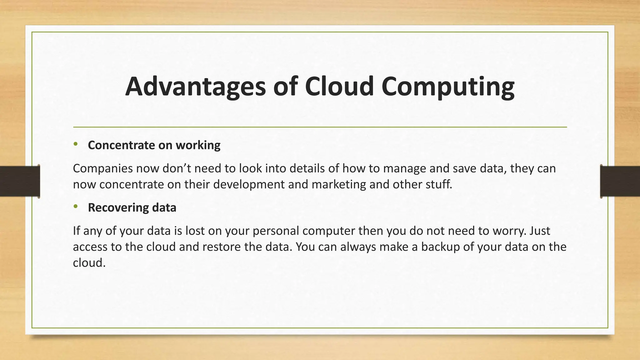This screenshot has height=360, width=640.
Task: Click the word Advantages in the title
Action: tap(195, 87)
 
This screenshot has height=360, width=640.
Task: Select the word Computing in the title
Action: tap(447, 87)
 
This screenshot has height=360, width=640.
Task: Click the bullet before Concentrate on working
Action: tap(75, 144)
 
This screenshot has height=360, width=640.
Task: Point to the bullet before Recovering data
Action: tap(75, 207)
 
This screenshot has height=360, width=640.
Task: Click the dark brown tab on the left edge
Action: tap(20, 181)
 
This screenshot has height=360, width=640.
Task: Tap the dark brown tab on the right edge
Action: tap(620, 181)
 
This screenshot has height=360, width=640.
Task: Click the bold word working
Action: tap(198, 145)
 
